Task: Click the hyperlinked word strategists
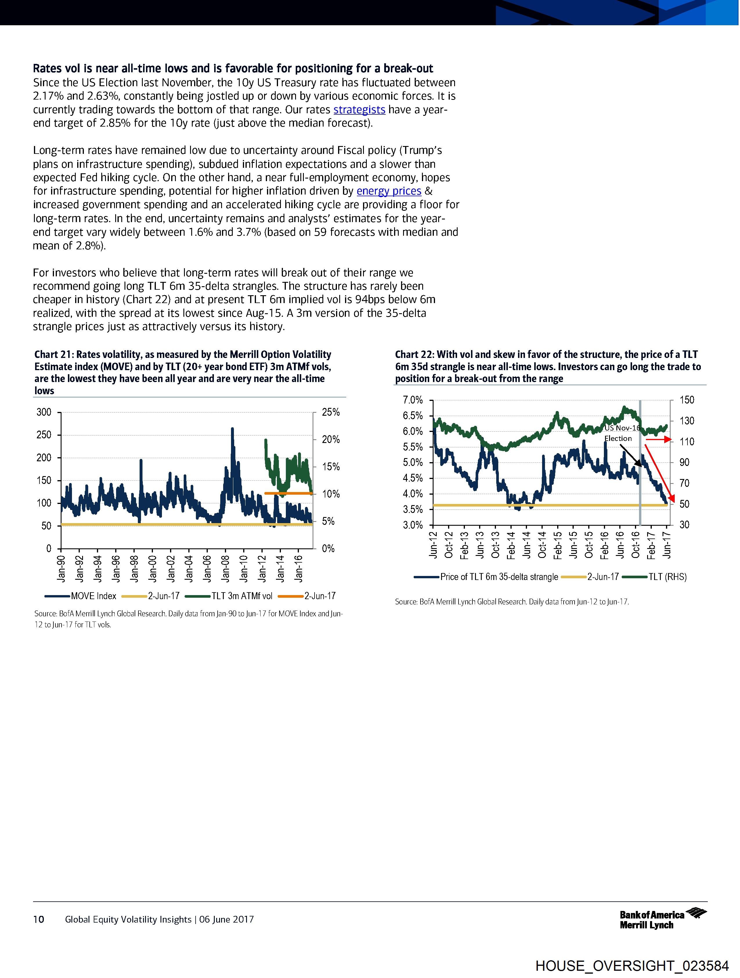[x=359, y=110]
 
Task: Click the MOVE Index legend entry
[x=93, y=596]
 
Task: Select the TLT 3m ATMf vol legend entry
[x=241, y=596]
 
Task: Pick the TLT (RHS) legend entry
[x=667, y=577]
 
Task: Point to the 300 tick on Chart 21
[x=44, y=413]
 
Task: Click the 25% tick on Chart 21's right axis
[x=331, y=413]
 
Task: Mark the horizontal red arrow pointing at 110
[x=659, y=440]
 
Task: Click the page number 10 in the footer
[x=39, y=920]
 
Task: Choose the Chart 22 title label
[x=548, y=367]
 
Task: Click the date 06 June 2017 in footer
[x=226, y=920]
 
